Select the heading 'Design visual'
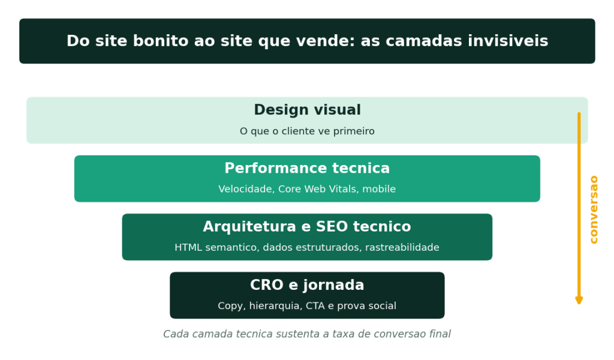pos(308,110)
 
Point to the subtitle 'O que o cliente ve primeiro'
pos(307,131)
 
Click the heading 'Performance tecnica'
pos(307,168)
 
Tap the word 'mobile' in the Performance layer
pos(379,189)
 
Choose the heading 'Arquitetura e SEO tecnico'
pos(307,226)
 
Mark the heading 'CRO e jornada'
pos(307,285)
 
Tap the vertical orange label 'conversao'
pos(594,209)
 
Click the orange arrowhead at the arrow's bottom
pos(579,301)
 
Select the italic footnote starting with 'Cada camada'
pos(307,334)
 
